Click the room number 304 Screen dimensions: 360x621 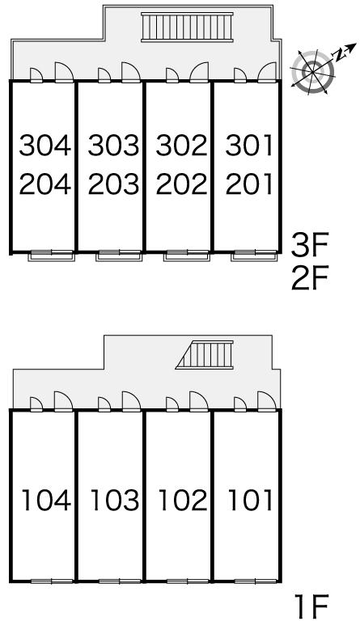click(x=45, y=146)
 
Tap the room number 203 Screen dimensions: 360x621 click(x=114, y=184)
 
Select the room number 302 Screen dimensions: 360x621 click(x=182, y=146)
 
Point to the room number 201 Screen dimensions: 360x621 click(x=249, y=184)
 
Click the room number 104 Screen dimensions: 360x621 click(x=46, y=500)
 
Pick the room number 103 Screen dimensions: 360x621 click(x=115, y=500)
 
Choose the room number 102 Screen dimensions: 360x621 click(x=183, y=500)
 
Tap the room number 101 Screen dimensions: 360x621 click(x=250, y=500)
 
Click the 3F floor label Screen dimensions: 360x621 click(x=310, y=246)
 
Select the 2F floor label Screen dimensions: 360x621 click(x=310, y=279)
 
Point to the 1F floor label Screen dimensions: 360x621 click(x=311, y=606)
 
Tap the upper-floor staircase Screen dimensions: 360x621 click(x=187, y=27)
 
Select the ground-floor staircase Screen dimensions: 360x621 click(x=205, y=354)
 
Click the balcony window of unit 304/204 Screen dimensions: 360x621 click(x=52, y=256)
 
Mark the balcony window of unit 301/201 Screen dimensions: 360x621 click(x=256, y=256)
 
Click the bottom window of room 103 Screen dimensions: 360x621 click(x=119, y=581)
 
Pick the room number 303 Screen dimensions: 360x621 click(x=114, y=146)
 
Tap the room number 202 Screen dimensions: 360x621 click(x=182, y=184)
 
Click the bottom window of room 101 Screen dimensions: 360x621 click(x=256, y=581)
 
